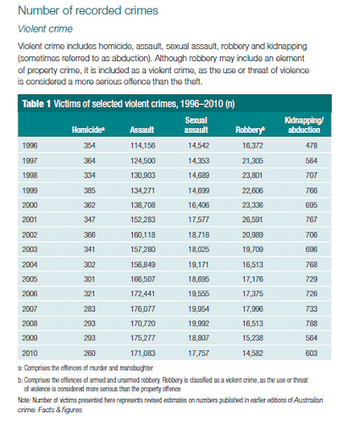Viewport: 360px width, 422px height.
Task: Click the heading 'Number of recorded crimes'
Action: pyautogui.click(x=88, y=11)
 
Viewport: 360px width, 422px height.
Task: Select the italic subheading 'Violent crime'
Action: pyautogui.click(x=45, y=29)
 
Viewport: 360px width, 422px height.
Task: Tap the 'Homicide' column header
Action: pyautogui.click(x=89, y=129)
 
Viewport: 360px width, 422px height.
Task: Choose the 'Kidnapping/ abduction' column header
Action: pyautogui.click(x=304, y=125)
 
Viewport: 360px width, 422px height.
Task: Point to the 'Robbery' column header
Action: pyautogui.click(x=250, y=129)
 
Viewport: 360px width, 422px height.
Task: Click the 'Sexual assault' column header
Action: pyautogui.click(x=196, y=125)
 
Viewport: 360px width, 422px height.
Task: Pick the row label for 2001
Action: pyautogui.click(x=30, y=219)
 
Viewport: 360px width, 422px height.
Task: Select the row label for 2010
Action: pyautogui.click(x=30, y=353)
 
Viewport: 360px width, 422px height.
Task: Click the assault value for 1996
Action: pyautogui.click(x=143, y=146)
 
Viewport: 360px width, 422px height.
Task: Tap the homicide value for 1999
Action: pyautogui.click(x=89, y=191)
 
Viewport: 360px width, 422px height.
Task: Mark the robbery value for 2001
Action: pyautogui.click(x=252, y=219)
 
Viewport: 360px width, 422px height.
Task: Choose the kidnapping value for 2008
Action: pyautogui.click(x=311, y=324)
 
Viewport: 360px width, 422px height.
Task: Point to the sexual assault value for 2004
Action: pyautogui.click(x=198, y=264)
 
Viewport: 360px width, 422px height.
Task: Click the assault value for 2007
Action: pyautogui.click(x=143, y=309)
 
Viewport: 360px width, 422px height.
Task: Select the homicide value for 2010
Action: pyautogui.click(x=89, y=353)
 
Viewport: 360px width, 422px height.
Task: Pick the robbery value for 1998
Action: pyautogui.click(x=252, y=175)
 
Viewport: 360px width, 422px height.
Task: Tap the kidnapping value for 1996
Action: pyautogui.click(x=311, y=146)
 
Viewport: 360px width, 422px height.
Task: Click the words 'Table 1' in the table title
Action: pyautogui.click(x=37, y=104)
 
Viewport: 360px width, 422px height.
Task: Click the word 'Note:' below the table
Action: pyautogui.click(x=24, y=400)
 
